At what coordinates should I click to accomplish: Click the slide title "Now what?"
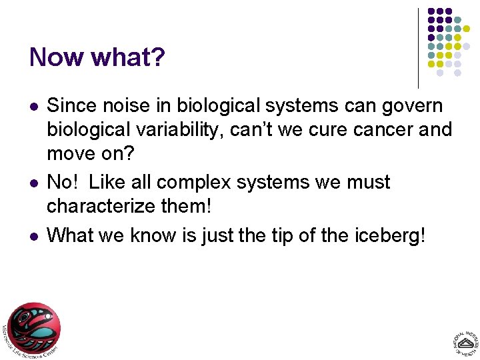pyautogui.click(x=97, y=57)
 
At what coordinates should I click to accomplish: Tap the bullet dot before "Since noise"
pyautogui.click(x=33, y=107)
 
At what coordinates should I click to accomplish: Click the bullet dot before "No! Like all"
pyautogui.click(x=33, y=183)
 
